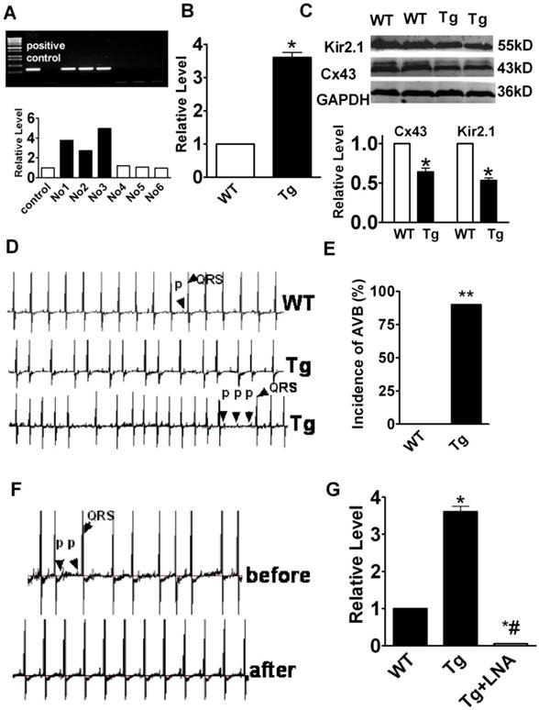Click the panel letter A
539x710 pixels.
[x=12, y=10]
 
